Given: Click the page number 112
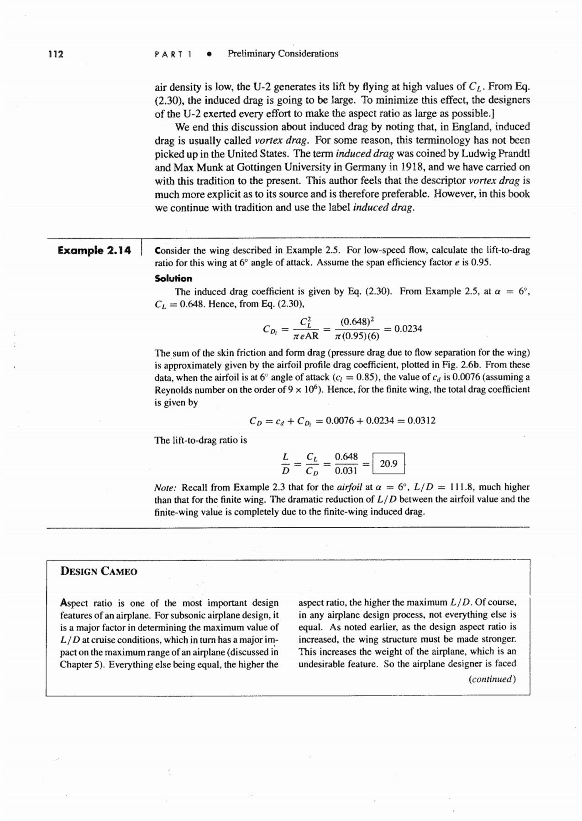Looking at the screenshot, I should pos(56,54).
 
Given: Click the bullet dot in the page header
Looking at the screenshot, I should pos(209,54).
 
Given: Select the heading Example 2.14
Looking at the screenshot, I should pos(94,250).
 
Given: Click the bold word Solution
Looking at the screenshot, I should pos(173,279).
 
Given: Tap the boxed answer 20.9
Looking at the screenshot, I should pos(388,464).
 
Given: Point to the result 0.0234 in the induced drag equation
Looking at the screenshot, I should pos(408,329).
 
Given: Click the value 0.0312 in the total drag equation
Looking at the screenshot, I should pos(421,421).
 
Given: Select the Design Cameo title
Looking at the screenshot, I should pos(99,572).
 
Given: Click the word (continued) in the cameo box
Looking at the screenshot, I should pos(493,679).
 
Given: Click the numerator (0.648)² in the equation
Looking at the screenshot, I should pos(357,322).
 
